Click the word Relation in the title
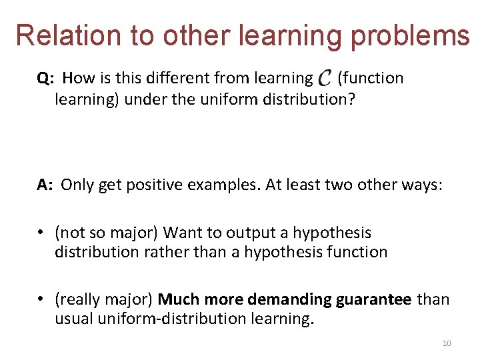[64, 35]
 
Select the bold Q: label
[46, 78]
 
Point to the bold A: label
[45, 185]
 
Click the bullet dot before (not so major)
[41, 233]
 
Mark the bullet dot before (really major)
[41, 300]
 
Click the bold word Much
[177, 299]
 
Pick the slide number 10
[447, 343]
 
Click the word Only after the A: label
[77, 185]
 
